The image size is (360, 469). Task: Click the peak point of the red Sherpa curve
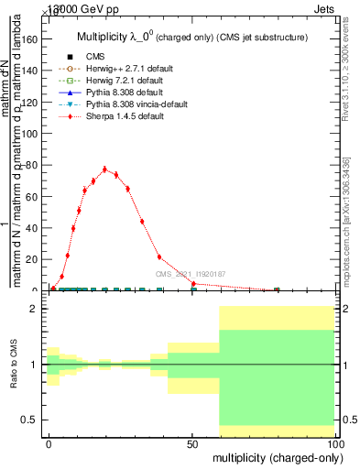pyautogui.click(x=104, y=169)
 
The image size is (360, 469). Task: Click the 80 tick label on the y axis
pyautogui.click(x=30, y=166)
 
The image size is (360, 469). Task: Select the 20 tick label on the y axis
pyautogui.click(x=30, y=259)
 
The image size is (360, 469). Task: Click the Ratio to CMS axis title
pyautogui.click(x=14, y=366)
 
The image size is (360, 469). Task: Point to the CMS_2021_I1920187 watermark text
pyautogui.click(x=191, y=275)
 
